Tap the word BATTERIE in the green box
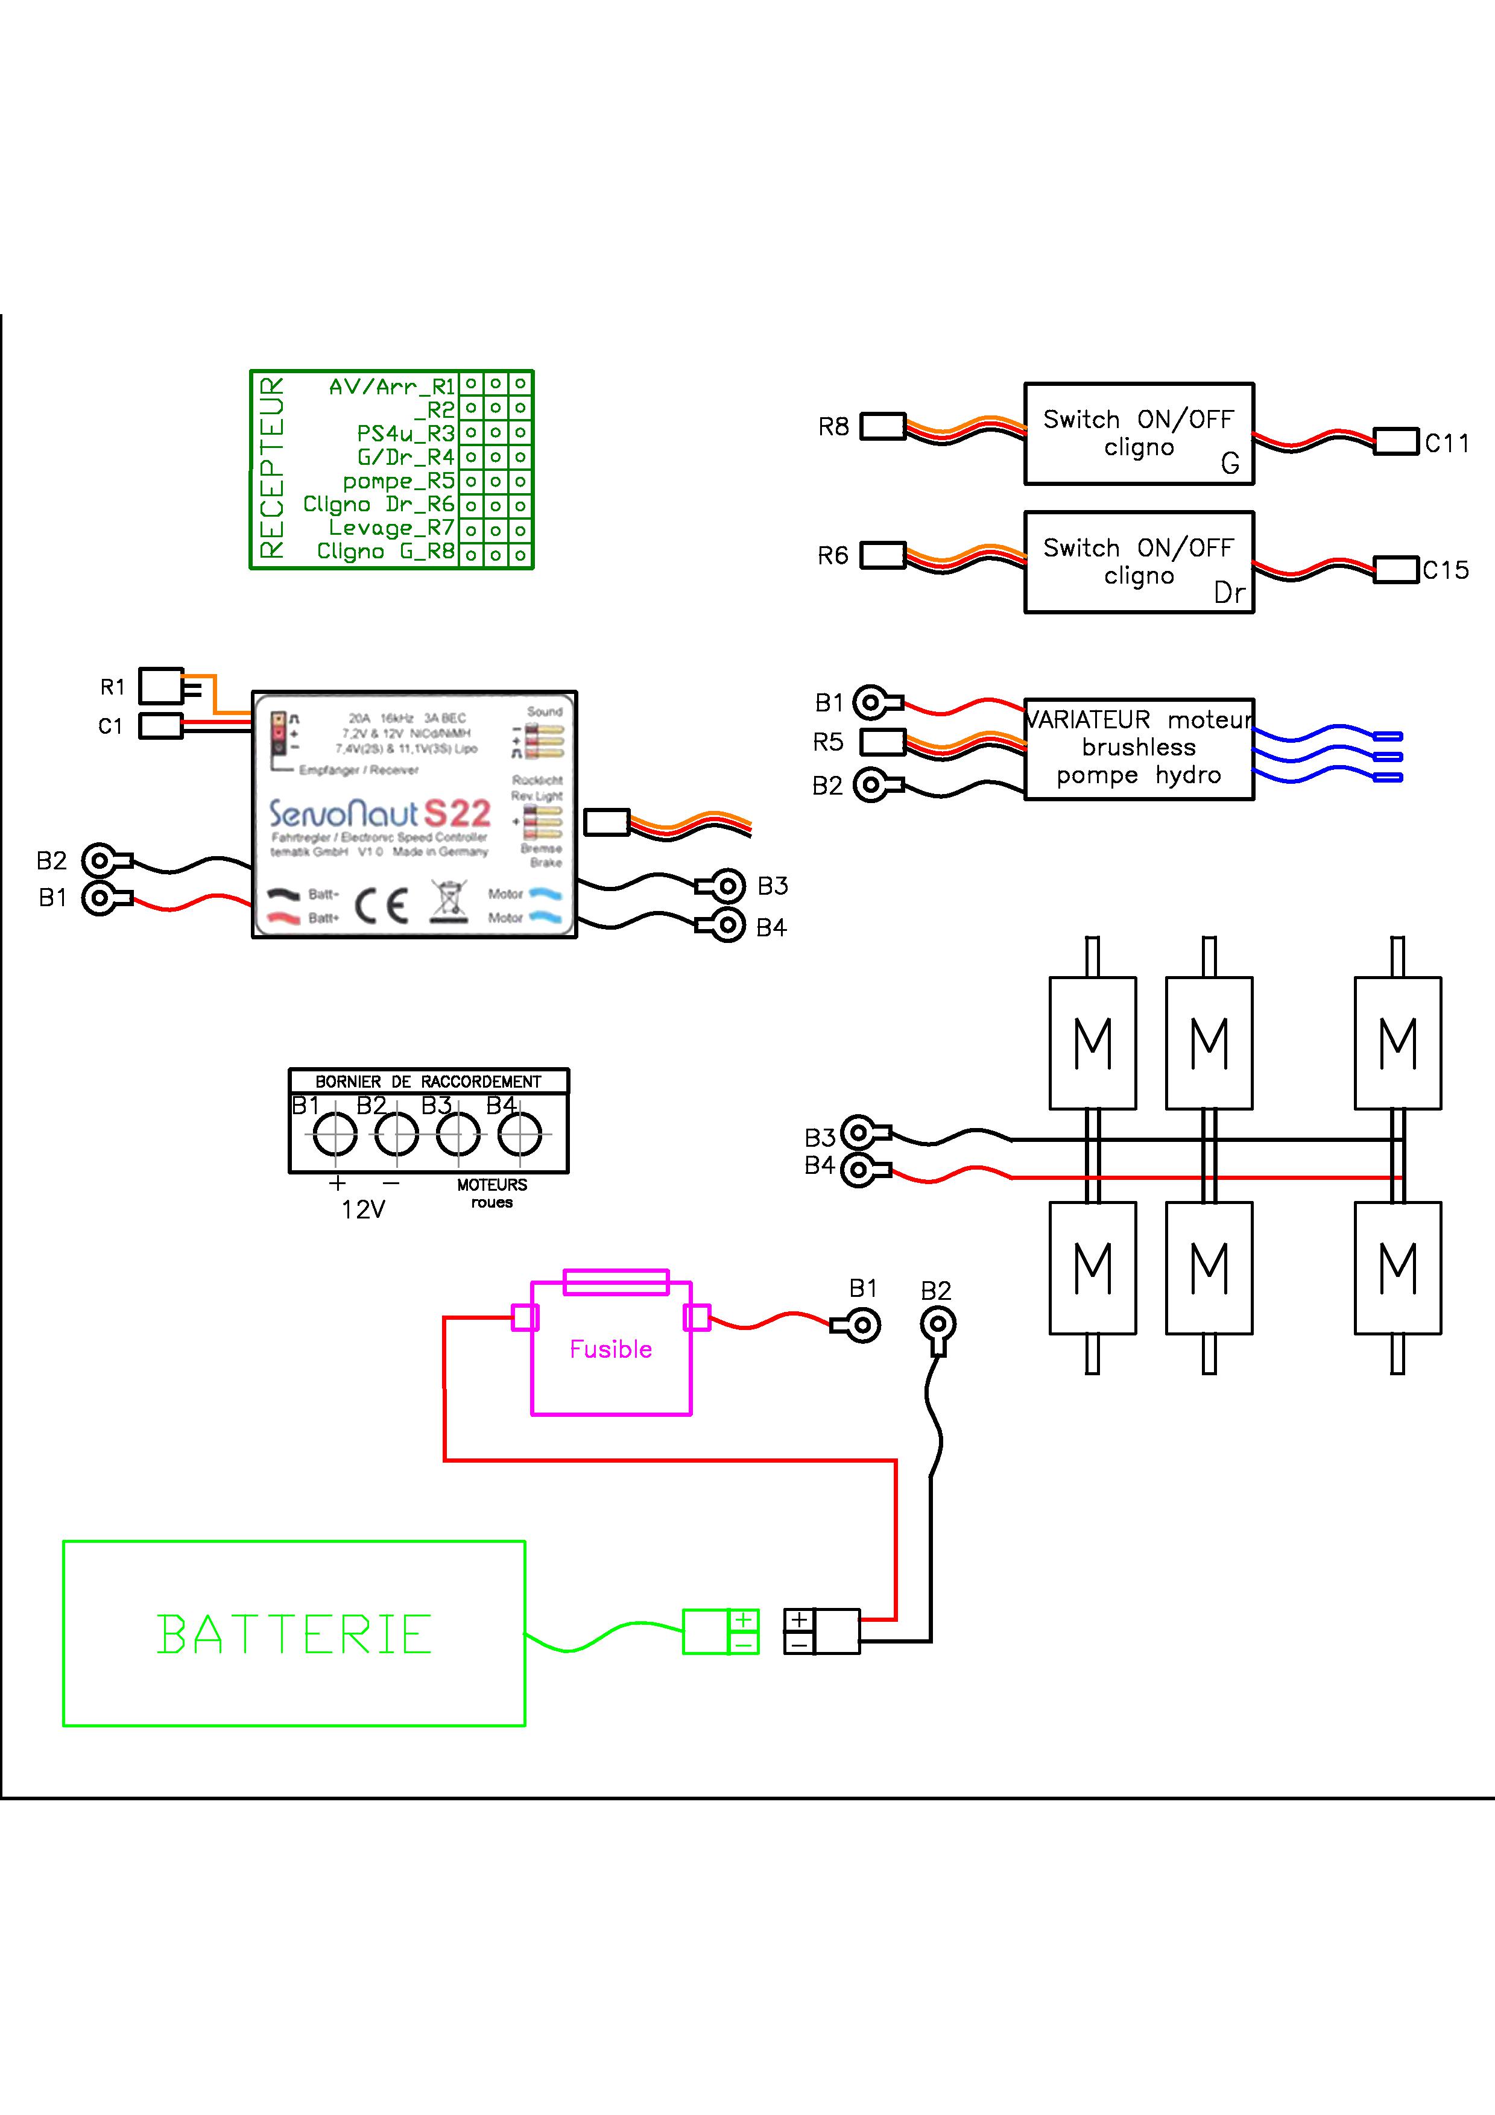click(294, 1635)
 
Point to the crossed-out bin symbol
click(447, 903)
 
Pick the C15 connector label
click(1446, 570)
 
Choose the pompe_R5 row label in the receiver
click(399, 481)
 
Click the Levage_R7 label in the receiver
click(391, 528)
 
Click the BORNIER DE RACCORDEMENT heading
click(428, 1082)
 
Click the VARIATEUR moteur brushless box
click(1139, 748)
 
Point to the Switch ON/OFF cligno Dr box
click(1139, 562)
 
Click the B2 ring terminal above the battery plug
click(938, 1326)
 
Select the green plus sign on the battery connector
click(744, 1619)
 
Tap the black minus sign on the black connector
click(798, 1644)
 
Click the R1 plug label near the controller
click(112, 687)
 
